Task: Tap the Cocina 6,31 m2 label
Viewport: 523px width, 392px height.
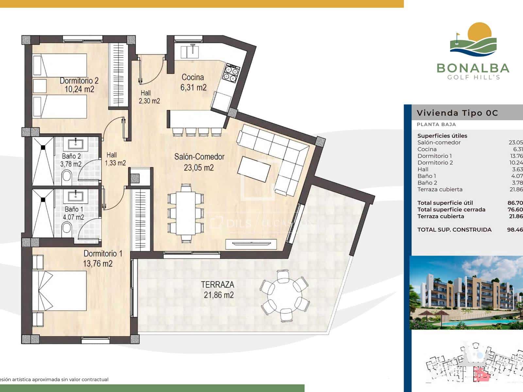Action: pyautogui.click(x=193, y=82)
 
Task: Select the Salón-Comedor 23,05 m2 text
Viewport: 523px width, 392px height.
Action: pyautogui.click(x=199, y=162)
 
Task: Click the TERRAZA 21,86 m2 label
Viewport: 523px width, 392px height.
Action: pyautogui.click(x=218, y=289)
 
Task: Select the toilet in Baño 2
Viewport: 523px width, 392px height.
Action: pyautogui.click(x=66, y=177)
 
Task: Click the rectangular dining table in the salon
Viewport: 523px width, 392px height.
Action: pyautogui.click(x=186, y=213)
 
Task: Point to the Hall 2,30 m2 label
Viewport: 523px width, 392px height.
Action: pyautogui.click(x=149, y=97)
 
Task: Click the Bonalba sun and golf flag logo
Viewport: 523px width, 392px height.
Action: pyautogui.click(x=473, y=39)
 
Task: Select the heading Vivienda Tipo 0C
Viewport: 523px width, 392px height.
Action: pyautogui.click(x=457, y=113)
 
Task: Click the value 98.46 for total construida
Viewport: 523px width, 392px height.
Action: pyautogui.click(x=515, y=230)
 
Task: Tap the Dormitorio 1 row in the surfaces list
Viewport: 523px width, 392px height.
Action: pyautogui.click(x=435, y=156)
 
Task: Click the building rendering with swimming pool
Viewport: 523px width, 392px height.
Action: pyautogui.click(x=466, y=293)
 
